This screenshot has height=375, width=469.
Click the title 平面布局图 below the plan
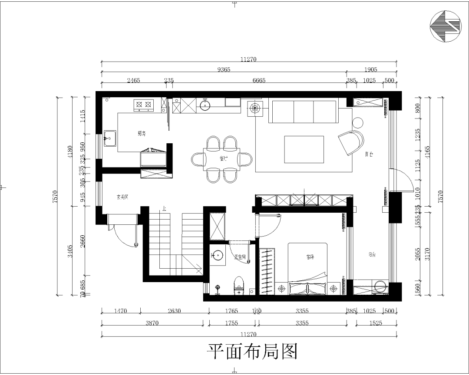point(251,352)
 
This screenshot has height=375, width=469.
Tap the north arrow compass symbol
point(445,26)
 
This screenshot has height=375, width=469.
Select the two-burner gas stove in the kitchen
point(144,105)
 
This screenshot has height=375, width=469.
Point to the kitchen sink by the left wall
point(109,139)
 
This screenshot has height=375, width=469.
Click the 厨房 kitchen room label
point(141,134)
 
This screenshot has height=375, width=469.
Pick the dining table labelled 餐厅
point(221,159)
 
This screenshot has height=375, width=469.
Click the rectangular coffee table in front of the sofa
point(304,149)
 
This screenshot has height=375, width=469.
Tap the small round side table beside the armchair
point(358,123)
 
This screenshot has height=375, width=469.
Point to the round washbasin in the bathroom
point(218,256)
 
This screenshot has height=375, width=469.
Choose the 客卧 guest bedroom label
point(310,257)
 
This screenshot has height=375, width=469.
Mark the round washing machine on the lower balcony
point(380,287)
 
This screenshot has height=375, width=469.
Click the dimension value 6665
point(259,80)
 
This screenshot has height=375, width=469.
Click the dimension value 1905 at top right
point(371,69)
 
